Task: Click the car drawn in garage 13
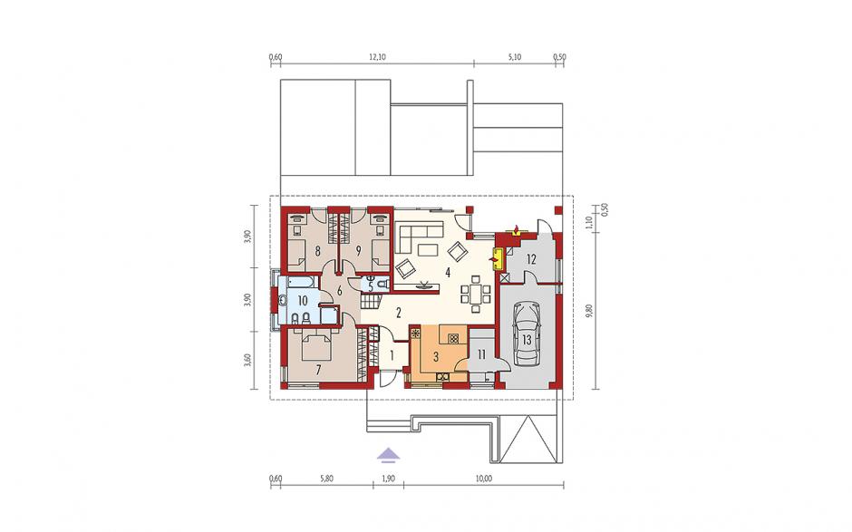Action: [525, 334]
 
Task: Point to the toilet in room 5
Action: [382, 285]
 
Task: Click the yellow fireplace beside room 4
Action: [498, 258]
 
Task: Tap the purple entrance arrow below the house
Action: [386, 454]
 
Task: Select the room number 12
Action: [531, 259]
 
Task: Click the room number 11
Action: [481, 355]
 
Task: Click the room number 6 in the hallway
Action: [340, 291]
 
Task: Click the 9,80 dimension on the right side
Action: [589, 311]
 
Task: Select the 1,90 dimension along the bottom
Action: [389, 479]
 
